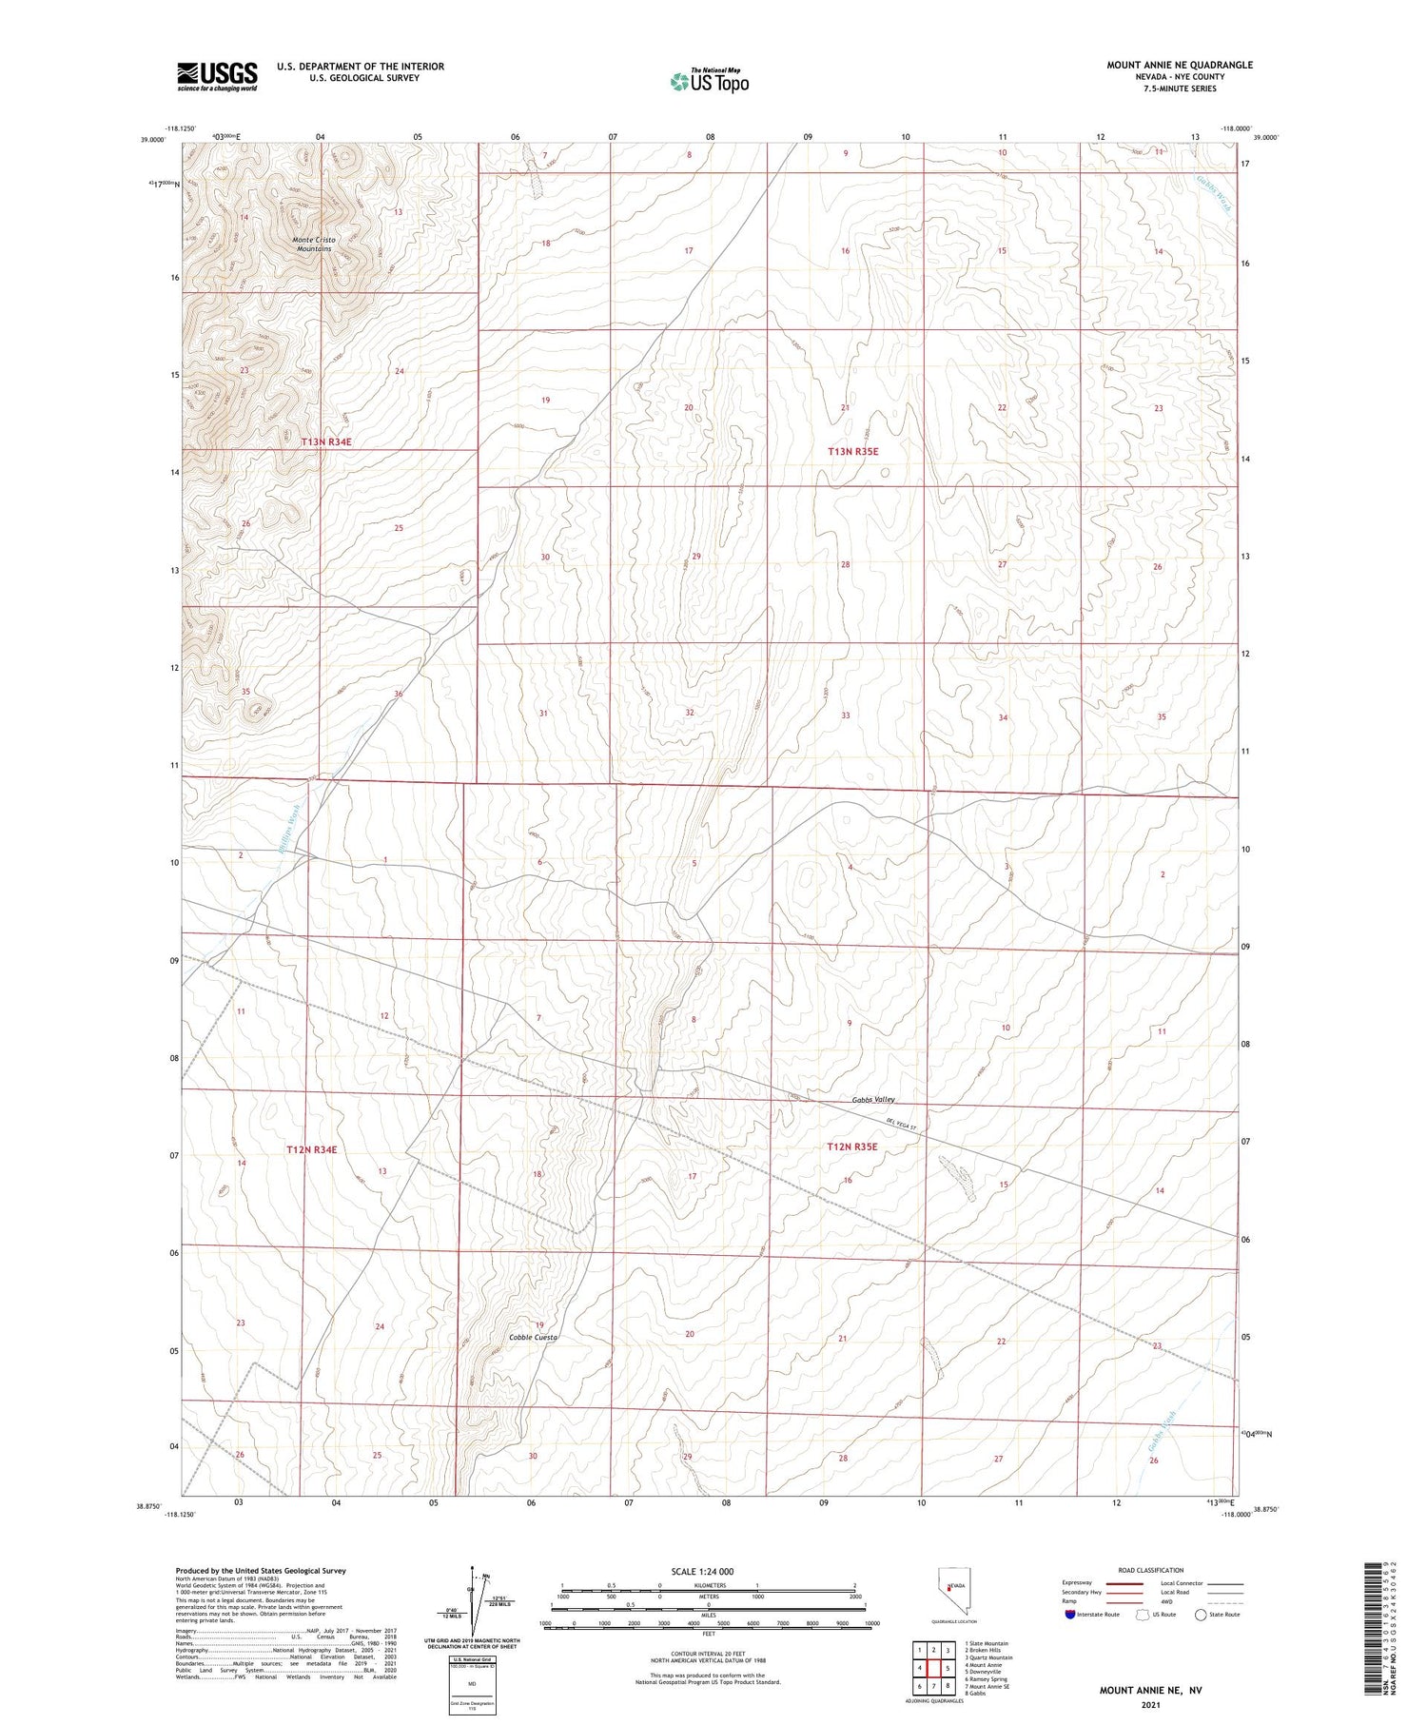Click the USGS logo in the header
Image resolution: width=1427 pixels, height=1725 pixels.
[217, 76]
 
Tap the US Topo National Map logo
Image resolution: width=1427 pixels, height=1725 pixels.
[709, 81]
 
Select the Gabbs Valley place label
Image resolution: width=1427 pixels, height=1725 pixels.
[872, 1099]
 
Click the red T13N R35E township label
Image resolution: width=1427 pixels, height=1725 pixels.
[852, 452]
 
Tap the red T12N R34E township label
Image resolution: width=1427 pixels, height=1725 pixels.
[312, 1149]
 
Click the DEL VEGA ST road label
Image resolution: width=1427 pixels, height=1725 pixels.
[900, 1127]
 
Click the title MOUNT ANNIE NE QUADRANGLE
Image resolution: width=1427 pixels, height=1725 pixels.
[1179, 65]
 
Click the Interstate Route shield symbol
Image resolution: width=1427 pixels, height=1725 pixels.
[1070, 1614]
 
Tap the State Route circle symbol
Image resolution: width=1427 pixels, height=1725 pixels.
[1201, 1614]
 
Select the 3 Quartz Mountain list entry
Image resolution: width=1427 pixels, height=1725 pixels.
[988, 1656]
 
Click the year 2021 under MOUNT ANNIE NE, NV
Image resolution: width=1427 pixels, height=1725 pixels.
[1150, 1704]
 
